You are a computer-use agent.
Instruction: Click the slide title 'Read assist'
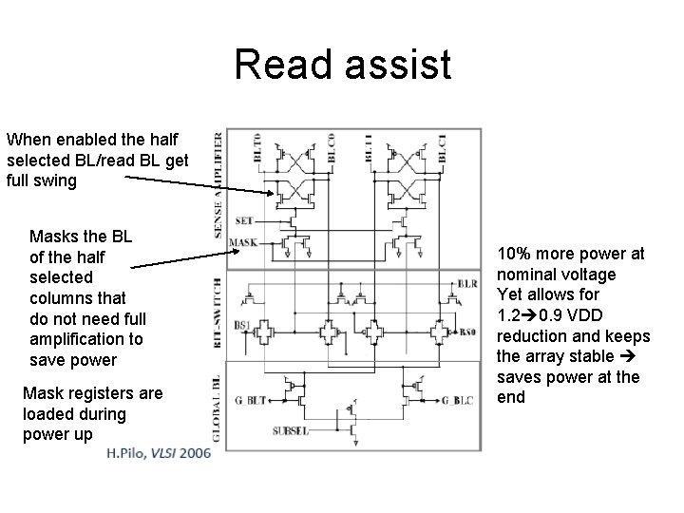(x=342, y=65)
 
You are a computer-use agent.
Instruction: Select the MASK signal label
(x=243, y=242)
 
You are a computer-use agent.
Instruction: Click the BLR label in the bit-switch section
(x=466, y=283)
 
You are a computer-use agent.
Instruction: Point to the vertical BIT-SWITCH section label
(x=219, y=309)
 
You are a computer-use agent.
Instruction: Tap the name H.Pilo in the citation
(x=128, y=453)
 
